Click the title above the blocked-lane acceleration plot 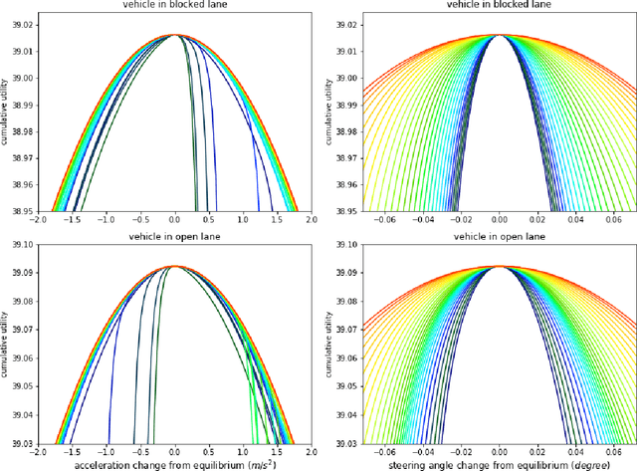coord(175,6)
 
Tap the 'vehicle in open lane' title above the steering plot coord(497,237)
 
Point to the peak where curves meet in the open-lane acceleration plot coord(175,266)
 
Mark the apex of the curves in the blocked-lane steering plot coord(497,35)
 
